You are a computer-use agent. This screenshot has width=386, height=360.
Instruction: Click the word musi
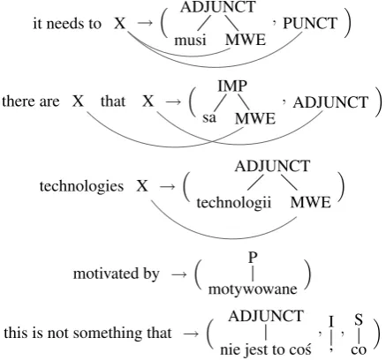(x=190, y=40)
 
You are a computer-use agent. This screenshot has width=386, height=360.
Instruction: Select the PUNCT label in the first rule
(x=310, y=23)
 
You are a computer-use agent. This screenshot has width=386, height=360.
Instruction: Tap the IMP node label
(x=232, y=86)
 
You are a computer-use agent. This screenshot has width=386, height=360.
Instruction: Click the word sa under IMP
(x=209, y=118)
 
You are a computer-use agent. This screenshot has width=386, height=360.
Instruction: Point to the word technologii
(x=234, y=202)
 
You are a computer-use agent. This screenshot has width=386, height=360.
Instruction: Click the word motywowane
(x=253, y=289)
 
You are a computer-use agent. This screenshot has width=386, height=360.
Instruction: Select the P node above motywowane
(x=253, y=258)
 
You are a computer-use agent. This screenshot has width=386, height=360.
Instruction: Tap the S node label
(x=359, y=319)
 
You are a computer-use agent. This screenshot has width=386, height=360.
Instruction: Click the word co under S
(x=359, y=350)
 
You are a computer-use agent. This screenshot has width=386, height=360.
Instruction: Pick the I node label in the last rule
(x=331, y=322)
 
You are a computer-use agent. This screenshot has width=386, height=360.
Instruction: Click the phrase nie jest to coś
(x=266, y=349)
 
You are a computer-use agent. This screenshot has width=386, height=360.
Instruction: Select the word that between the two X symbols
(x=113, y=101)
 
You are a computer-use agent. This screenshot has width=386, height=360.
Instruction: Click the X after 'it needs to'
(x=120, y=23)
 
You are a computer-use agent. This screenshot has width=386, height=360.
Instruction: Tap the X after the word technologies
(x=142, y=186)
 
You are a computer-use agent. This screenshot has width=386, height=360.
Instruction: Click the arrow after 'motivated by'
(x=179, y=274)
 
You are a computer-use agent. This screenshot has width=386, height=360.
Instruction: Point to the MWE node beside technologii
(x=311, y=202)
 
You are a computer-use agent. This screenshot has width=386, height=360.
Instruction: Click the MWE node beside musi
(x=246, y=40)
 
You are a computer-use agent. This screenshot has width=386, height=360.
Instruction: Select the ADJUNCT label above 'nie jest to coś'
(x=266, y=316)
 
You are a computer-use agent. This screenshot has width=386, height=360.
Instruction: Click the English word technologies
(x=81, y=186)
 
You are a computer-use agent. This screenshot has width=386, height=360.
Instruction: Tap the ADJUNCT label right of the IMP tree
(x=330, y=102)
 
